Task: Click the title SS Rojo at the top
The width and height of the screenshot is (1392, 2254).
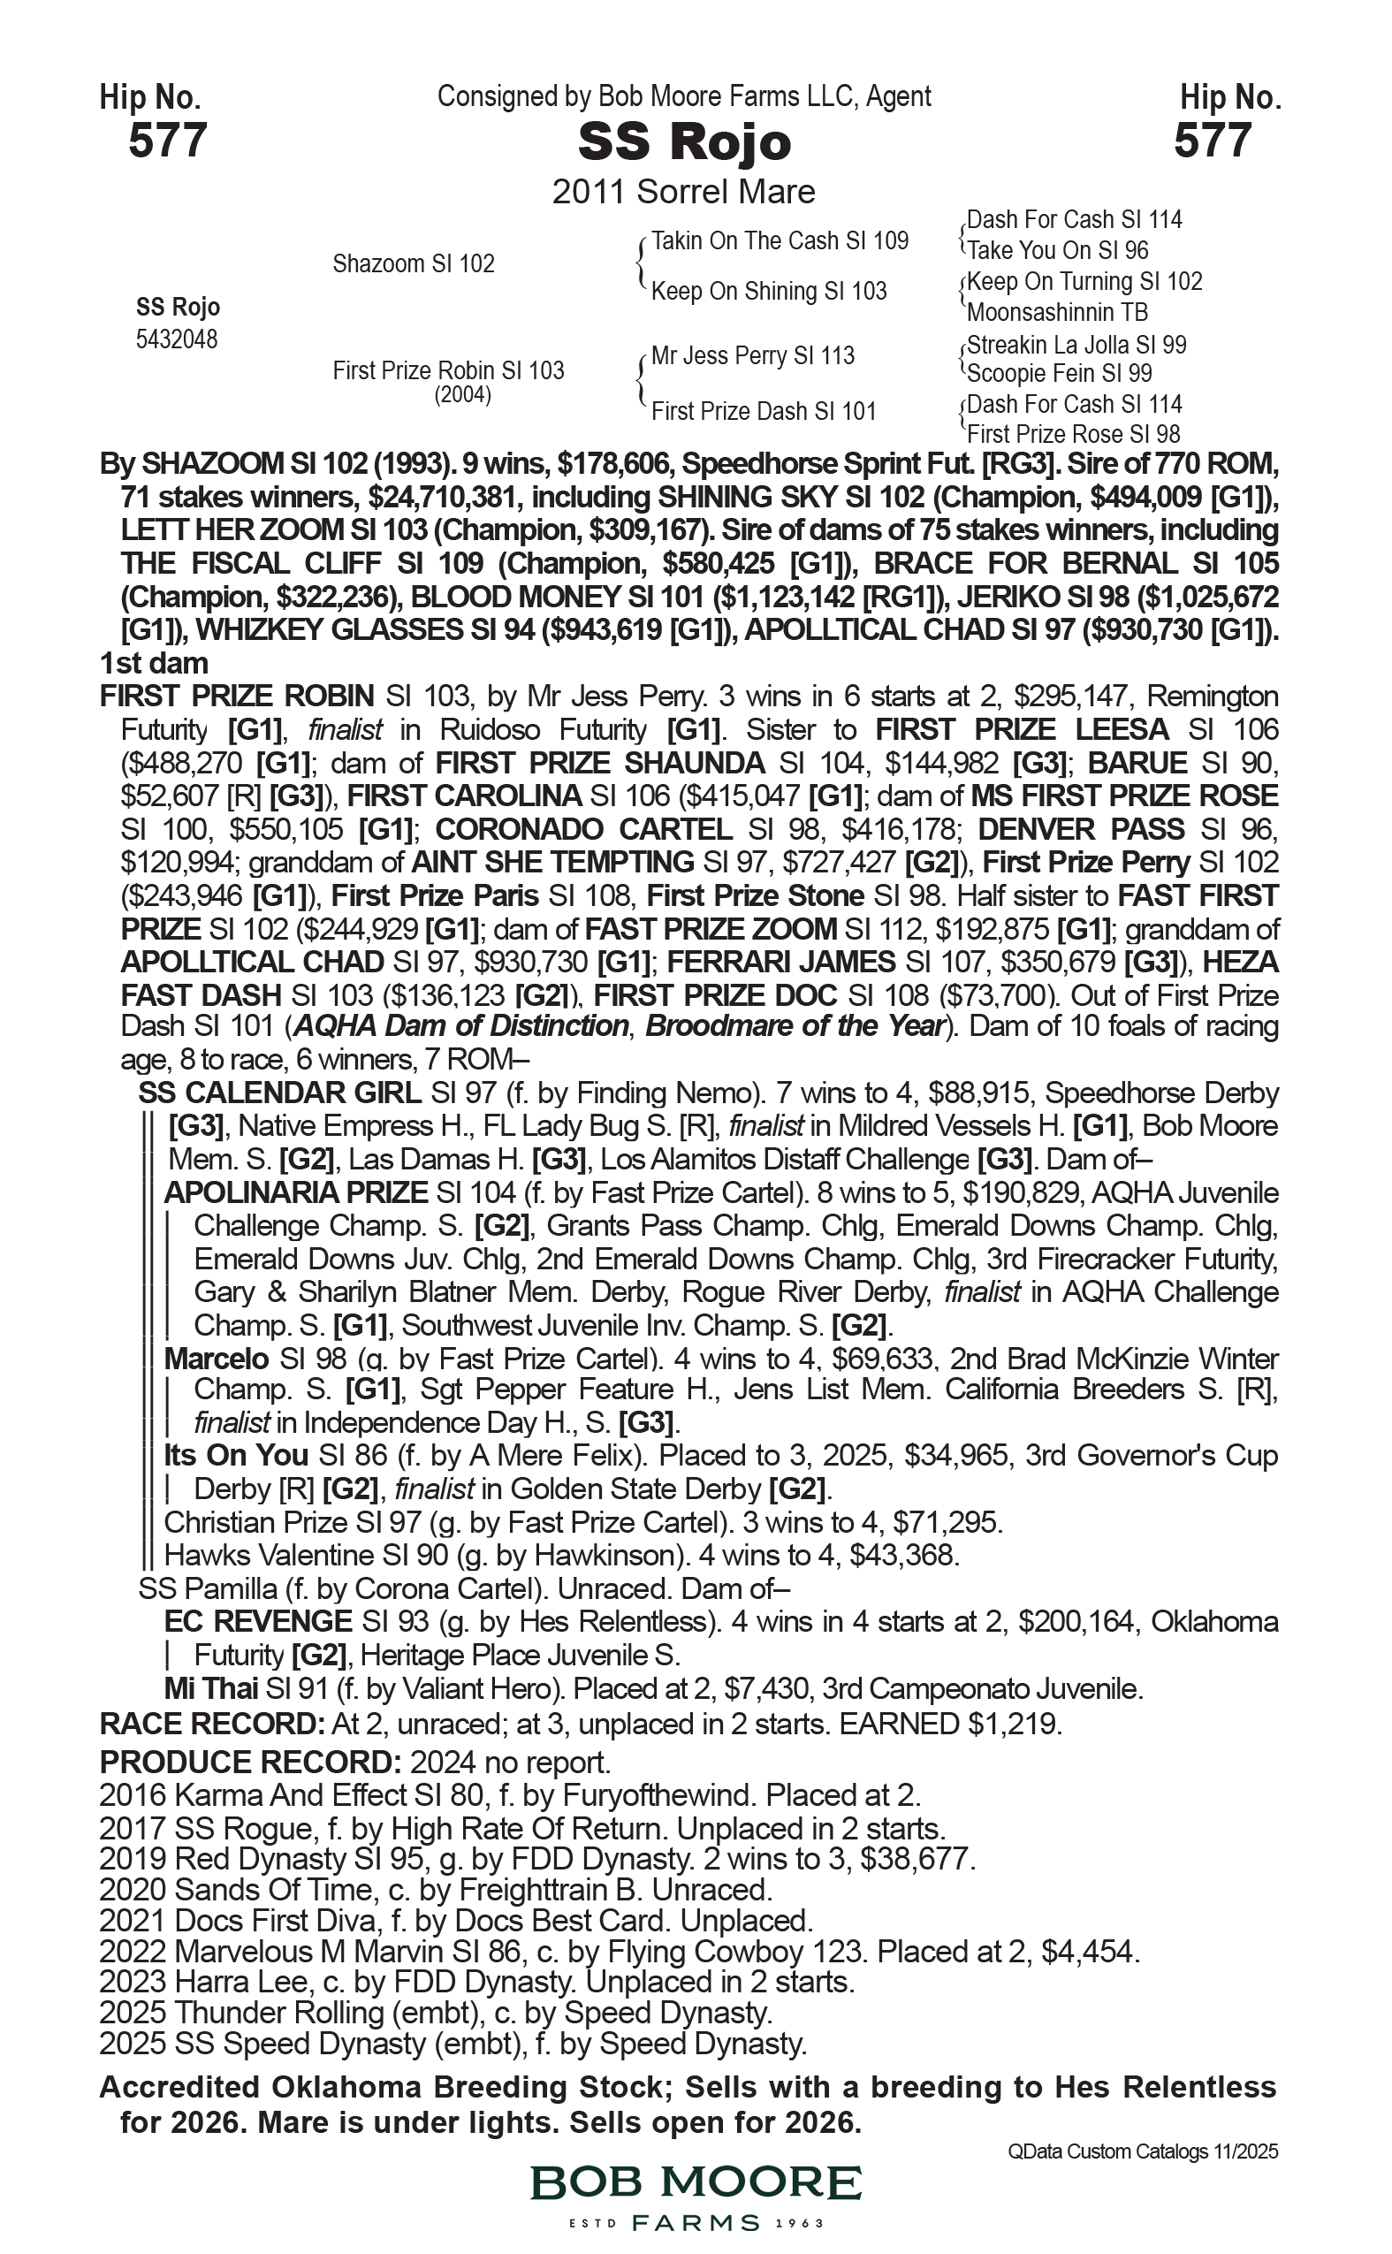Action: click(684, 142)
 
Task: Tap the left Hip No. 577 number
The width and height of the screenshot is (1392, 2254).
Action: click(168, 141)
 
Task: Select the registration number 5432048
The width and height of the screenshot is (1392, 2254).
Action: click(177, 339)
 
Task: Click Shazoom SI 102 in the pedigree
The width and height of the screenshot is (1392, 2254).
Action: click(414, 264)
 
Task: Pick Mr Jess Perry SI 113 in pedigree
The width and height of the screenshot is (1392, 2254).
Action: click(752, 355)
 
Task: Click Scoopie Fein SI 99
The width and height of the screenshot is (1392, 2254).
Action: click(1060, 374)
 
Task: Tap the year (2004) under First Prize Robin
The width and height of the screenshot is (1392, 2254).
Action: click(462, 395)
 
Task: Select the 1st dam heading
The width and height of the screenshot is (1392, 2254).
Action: click(154, 663)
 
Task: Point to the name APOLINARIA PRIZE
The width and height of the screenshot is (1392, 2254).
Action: click(295, 1192)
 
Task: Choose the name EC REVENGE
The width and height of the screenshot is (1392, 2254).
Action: click(258, 1620)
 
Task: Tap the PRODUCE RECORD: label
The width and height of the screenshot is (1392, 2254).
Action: click(249, 1763)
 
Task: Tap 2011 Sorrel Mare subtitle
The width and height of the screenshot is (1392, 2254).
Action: click(683, 193)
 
